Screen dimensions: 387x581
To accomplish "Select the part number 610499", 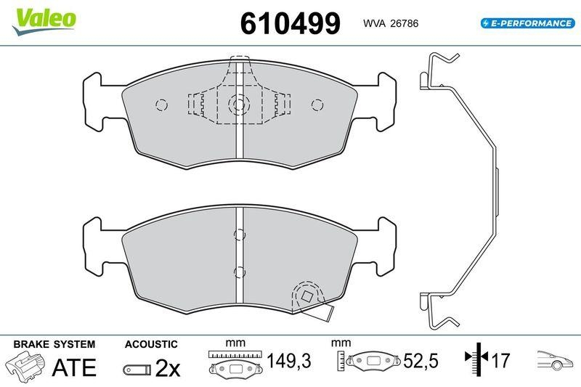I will point(290,23).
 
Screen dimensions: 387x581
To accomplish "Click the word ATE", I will point(73,368).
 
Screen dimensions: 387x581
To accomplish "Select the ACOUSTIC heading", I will point(151,344).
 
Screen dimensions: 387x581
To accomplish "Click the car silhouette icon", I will point(554,360).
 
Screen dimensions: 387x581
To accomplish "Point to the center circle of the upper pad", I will point(237,105).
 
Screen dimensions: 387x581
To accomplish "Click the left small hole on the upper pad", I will point(160,105).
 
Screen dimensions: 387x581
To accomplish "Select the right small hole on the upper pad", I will point(317,105).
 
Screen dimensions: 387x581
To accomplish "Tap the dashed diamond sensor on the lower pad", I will point(306,296).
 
